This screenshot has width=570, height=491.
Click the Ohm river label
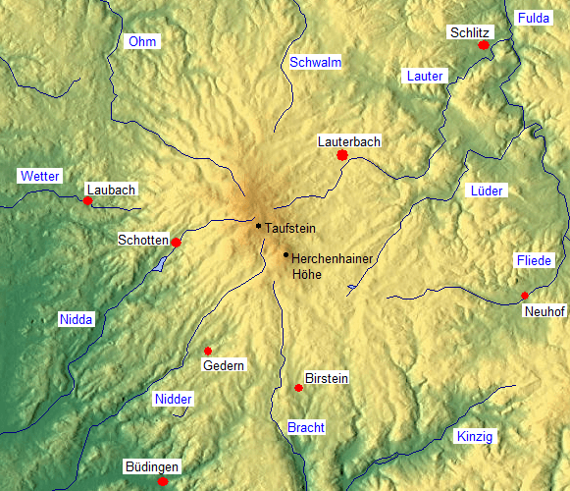[x=141, y=41]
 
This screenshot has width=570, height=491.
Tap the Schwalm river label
[x=316, y=63]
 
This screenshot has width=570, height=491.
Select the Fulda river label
[x=533, y=18]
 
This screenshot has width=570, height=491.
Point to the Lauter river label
[x=425, y=76]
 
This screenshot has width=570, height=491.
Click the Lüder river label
[x=486, y=191]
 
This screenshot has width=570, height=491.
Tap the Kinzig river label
[x=476, y=436]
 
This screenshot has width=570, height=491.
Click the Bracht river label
[x=305, y=427]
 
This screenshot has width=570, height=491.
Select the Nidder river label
[x=174, y=399]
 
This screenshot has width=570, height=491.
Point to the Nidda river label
[x=76, y=319]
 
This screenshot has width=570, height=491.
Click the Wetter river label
[x=40, y=176]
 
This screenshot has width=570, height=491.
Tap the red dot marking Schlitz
[x=483, y=45]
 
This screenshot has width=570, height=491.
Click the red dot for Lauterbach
[x=341, y=155]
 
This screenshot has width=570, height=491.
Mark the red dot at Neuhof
[x=525, y=296]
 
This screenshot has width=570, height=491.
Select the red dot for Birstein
[x=298, y=388]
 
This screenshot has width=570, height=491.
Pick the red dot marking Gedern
[x=207, y=351]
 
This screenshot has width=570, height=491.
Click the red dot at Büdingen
[x=162, y=481]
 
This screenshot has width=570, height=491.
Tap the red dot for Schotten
[x=177, y=242]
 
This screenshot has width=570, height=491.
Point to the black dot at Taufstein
[x=258, y=227]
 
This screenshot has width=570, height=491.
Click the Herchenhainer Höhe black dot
[x=285, y=255]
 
